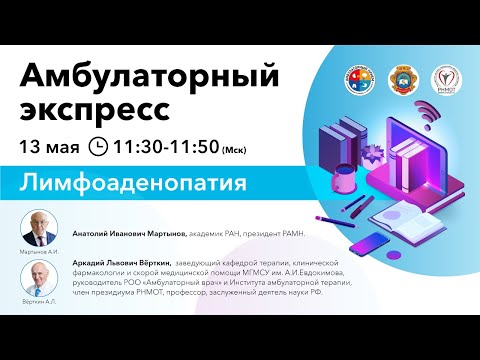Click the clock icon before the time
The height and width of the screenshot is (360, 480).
tap(98, 147)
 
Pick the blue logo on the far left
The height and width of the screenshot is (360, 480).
tap(361, 79)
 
